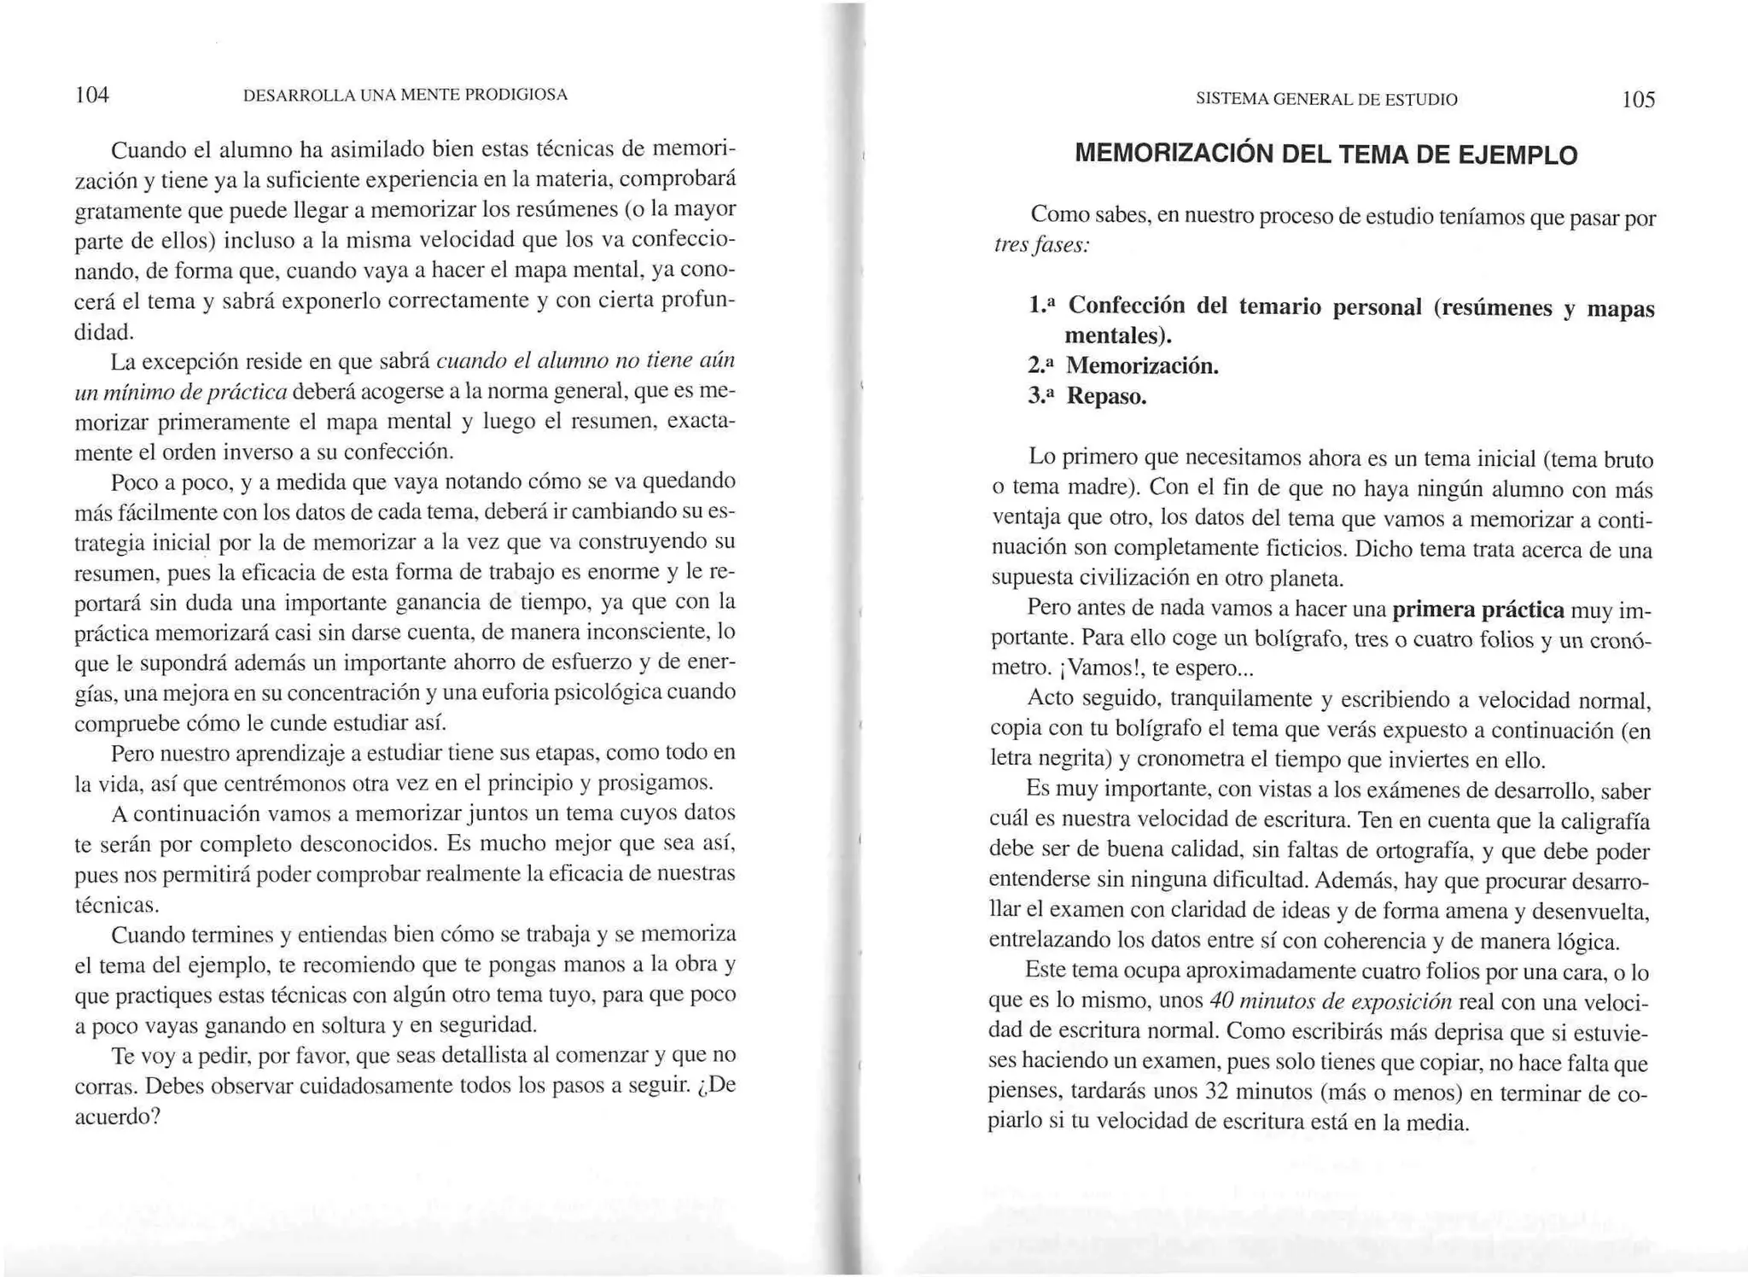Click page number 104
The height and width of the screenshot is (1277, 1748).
tap(92, 95)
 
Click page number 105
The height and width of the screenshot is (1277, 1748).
tap(1638, 100)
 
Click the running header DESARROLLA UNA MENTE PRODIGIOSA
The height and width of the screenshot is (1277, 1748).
tap(405, 95)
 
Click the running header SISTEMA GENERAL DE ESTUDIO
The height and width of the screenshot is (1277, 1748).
tap(1326, 100)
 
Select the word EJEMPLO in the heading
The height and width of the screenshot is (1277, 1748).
tap(1517, 155)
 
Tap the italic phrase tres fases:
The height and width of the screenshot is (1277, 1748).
tap(1041, 246)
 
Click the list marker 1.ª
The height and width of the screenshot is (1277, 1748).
tap(1043, 305)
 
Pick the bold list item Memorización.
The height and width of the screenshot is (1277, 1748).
tap(1142, 366)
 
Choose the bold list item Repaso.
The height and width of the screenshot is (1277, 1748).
tap(1106, 396)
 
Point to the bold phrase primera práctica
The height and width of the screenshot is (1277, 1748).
tap(1478, 609)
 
